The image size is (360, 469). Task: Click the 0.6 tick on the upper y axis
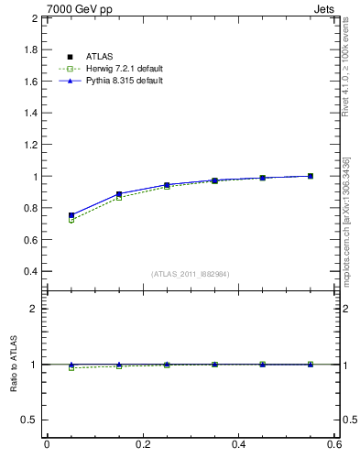pyautogui.click(x=30, y=240)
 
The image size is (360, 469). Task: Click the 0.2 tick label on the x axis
pyautogui.click(x=143, y=444)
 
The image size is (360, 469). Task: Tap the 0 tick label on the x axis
pyautogui.click(x=47, y=444)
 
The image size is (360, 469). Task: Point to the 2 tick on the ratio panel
pyautogui.click(x=35, y=309)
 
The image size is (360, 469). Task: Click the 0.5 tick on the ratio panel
pyautogui.click(x=30, y=420)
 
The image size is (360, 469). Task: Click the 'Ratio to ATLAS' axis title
pyautogui.click(x=14, y=365)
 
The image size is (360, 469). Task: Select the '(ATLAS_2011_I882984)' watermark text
pyautogui.click(x=191, y=274)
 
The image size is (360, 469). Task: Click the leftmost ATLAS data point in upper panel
pyautogui.click(x=71, y=215)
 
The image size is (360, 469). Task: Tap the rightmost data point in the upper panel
pyautogui.click(x=311, y=176)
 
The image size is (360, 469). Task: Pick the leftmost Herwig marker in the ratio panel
pyautogui.click(x=71, y=367)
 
